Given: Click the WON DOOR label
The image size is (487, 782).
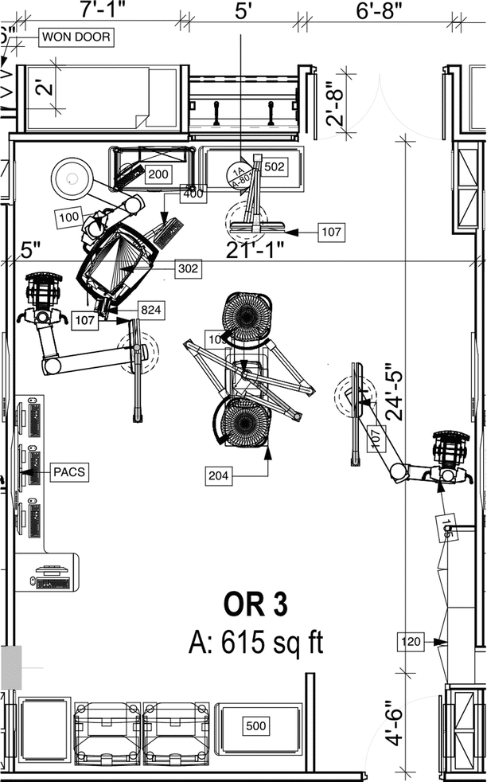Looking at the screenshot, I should pos(76,37).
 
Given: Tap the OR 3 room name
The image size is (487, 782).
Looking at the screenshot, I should pos(255,604).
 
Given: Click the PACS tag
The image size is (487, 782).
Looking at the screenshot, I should pos(68,472).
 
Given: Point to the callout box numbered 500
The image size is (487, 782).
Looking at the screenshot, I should pos(256,726).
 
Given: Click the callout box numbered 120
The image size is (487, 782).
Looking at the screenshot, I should pos(410,639).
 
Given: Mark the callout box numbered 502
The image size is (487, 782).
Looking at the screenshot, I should pos(275,166).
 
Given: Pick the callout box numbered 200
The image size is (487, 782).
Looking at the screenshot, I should pos(158,174).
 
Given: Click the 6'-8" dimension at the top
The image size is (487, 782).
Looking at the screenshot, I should pos(379,10).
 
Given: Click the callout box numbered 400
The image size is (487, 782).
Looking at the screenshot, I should pos(193,193).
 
